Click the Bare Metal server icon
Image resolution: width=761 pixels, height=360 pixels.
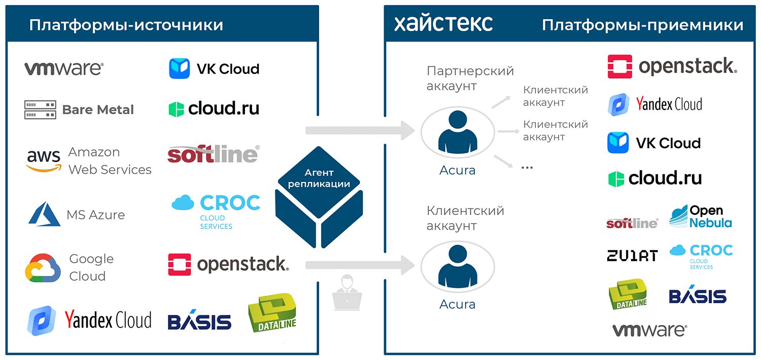pyautogui.click(x=40, y=110)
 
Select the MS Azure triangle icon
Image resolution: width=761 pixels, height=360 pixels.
pyautogui.click(x=44, y=214)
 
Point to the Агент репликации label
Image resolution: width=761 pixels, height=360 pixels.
pyautogui.click(x=319, y=178)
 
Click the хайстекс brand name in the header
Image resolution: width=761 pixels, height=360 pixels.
pyautogui.click(x=443, y=23)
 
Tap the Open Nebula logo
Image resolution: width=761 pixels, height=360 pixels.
pyautogui.click(x=701, y=217)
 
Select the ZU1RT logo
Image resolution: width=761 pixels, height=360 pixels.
pyautogui.click(x=632, y=255)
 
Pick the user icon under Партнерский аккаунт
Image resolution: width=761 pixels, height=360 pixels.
pyautogui.click(x=458, y=131)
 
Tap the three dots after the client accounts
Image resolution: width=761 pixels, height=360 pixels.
pyautogui.click(x=527, y=167)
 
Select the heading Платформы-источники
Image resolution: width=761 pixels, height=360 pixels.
pyautogui.click(x=126, y=25)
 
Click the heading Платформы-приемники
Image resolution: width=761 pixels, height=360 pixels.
pyautogui.click(x=642, y=25)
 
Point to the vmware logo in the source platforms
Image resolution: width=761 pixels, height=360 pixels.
pyautogui.click(x=64, y=68)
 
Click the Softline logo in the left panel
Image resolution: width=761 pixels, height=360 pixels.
pyautogui.click(x=213, y=154)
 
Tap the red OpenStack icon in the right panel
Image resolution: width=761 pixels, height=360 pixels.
pyautogui.click(x=620, y=66)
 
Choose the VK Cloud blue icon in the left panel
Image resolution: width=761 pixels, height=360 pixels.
pyautogui.click(x=179, y=68)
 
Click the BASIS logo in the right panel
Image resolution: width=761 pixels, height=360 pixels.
pyautogui.click(x=698, y=297)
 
